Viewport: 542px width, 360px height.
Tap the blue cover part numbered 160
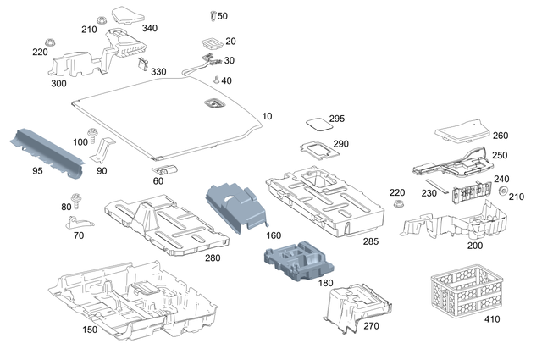pos(236,202)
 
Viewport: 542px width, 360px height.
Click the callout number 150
pos(89,329)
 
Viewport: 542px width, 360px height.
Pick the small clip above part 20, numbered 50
pos(212,16)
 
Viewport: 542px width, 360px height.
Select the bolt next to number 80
pos(78,202)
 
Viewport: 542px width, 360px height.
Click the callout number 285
pos(371,242)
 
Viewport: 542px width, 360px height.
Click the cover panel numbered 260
pos(461,129)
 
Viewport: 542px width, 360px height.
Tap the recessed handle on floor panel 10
pos(212,103)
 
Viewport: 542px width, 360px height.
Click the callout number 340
pos(149,28)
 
